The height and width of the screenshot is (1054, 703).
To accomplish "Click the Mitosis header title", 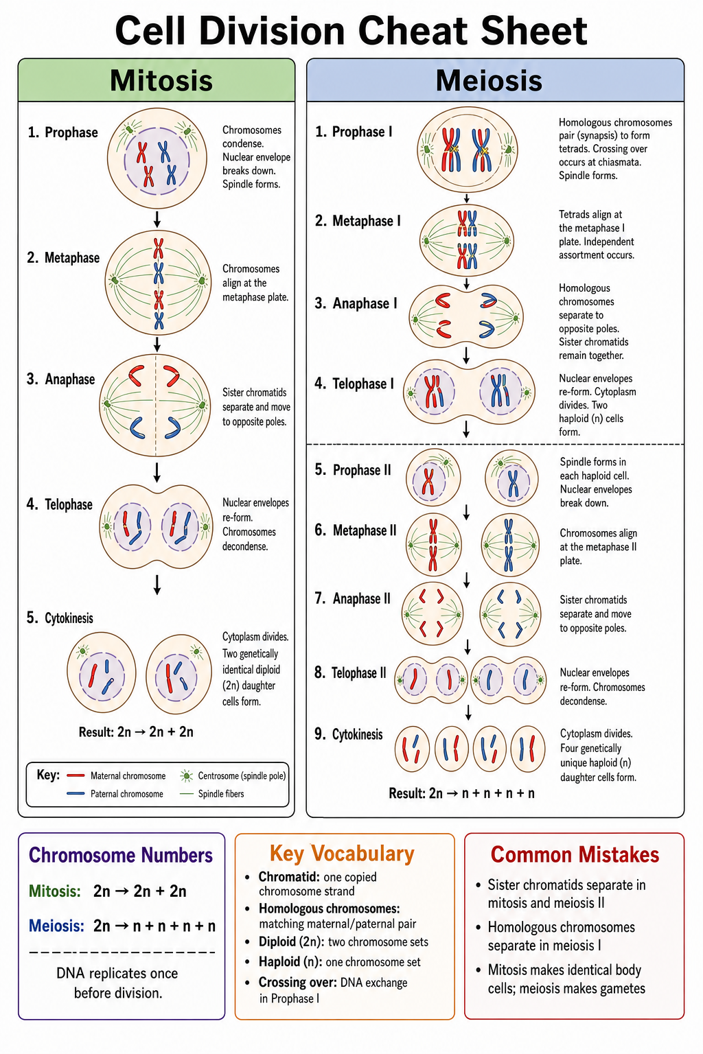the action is (x=161, y=80).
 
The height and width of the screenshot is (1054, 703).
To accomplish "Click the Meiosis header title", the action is (x=489, y=80).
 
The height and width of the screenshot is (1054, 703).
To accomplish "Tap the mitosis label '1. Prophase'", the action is (x=62, y=132).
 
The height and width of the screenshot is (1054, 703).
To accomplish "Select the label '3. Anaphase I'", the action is (x=356, y=303).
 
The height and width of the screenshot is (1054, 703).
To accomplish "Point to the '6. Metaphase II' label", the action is (x=356, y=530).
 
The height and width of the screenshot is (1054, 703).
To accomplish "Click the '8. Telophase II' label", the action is (x=350, y=673).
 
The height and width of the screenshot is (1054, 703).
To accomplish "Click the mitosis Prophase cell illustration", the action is (x=157, y=158).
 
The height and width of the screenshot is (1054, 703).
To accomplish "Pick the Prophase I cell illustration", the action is (x=467, y=150).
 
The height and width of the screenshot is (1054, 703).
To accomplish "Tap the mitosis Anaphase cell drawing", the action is (x=155, y=405).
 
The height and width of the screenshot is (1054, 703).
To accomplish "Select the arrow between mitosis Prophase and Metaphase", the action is (x=157, y=220).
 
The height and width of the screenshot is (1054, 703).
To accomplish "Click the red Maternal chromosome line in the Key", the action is (x=76, y=775).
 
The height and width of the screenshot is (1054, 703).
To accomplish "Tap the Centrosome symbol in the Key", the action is (x=187, y=776).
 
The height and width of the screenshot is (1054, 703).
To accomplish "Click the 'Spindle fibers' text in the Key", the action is (x=221, y=794).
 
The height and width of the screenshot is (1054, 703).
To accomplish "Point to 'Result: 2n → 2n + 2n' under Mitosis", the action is (x=136, y=731).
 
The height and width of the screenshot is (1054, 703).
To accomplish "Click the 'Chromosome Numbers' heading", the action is (x=121, y=855).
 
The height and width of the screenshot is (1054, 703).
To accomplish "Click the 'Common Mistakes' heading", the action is (x=575, y=854).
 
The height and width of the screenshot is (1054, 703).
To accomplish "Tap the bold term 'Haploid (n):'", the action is (x=290, y=962).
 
